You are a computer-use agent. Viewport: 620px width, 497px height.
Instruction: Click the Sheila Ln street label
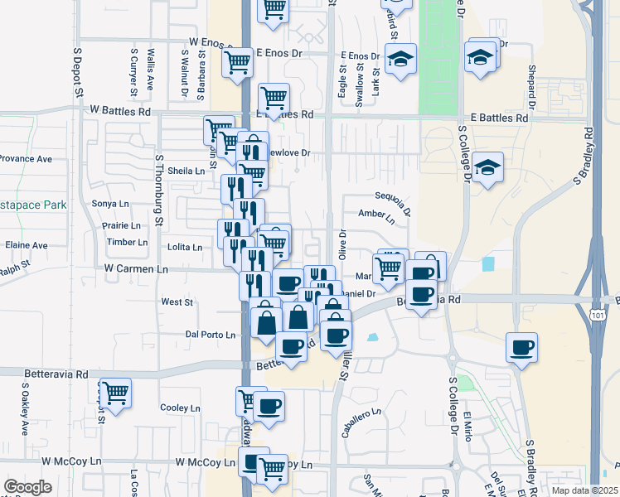click(186, 171)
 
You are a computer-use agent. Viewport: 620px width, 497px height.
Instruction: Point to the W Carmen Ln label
click(137, 269)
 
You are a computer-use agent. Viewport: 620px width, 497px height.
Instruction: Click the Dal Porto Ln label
click(211, 335)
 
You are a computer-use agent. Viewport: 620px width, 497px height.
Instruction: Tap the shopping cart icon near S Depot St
click(114, 392)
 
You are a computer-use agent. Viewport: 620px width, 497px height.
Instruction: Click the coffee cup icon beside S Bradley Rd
click(521, 348)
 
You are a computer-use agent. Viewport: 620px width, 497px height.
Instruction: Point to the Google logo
click(27, 487)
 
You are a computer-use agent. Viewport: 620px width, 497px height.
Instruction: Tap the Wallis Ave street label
click(151, 69)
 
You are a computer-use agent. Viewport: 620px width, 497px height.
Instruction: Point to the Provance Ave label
click(26, 158)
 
